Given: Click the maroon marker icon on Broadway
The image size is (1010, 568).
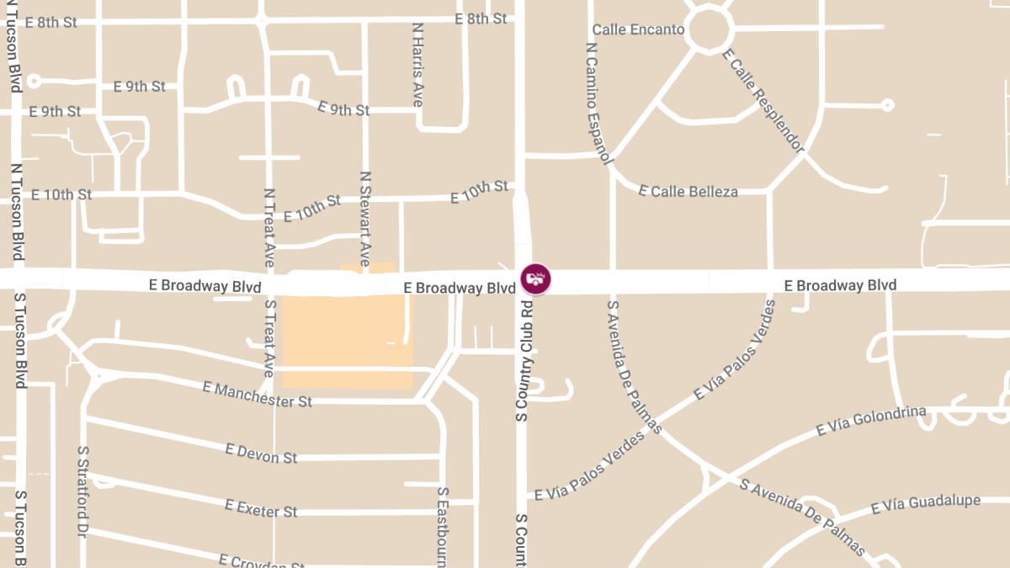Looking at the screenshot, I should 535,279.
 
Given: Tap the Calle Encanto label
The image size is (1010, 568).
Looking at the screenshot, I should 638,29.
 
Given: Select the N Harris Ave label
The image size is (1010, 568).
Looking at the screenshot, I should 417,64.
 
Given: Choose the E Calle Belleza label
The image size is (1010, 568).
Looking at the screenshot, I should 688,191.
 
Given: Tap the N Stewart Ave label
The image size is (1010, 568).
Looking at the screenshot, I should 365,219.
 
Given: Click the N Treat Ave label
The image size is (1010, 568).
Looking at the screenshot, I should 269,227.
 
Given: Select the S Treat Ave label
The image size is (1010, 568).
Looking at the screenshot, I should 269,337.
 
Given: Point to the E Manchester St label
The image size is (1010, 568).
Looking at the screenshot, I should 258,394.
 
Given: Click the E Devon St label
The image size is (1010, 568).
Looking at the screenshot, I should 261,454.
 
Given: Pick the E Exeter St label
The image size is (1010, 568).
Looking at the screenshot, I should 261,507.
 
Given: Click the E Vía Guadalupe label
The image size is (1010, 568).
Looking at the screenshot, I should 925,504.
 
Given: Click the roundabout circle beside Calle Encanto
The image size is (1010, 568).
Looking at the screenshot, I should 706,30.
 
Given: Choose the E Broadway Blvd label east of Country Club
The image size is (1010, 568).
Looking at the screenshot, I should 840,285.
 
